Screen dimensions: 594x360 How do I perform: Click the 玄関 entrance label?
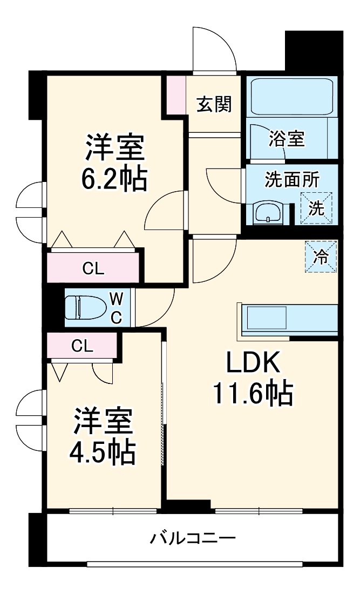click(x=214, y=104)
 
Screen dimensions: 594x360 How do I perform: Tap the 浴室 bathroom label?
click(x=287, y=139)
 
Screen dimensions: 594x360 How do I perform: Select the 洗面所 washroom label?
click(x=291, y=180)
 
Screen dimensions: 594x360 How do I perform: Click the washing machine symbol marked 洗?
click(x=317, y=208)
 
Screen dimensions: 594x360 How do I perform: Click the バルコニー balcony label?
click(x=193, y=538)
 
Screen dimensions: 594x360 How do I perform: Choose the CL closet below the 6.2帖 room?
click(x=93, y=268)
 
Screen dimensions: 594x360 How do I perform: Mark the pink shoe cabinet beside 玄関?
click(x=175, y=94)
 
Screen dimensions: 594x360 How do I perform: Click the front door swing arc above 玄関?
click(x=214, y=49)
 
